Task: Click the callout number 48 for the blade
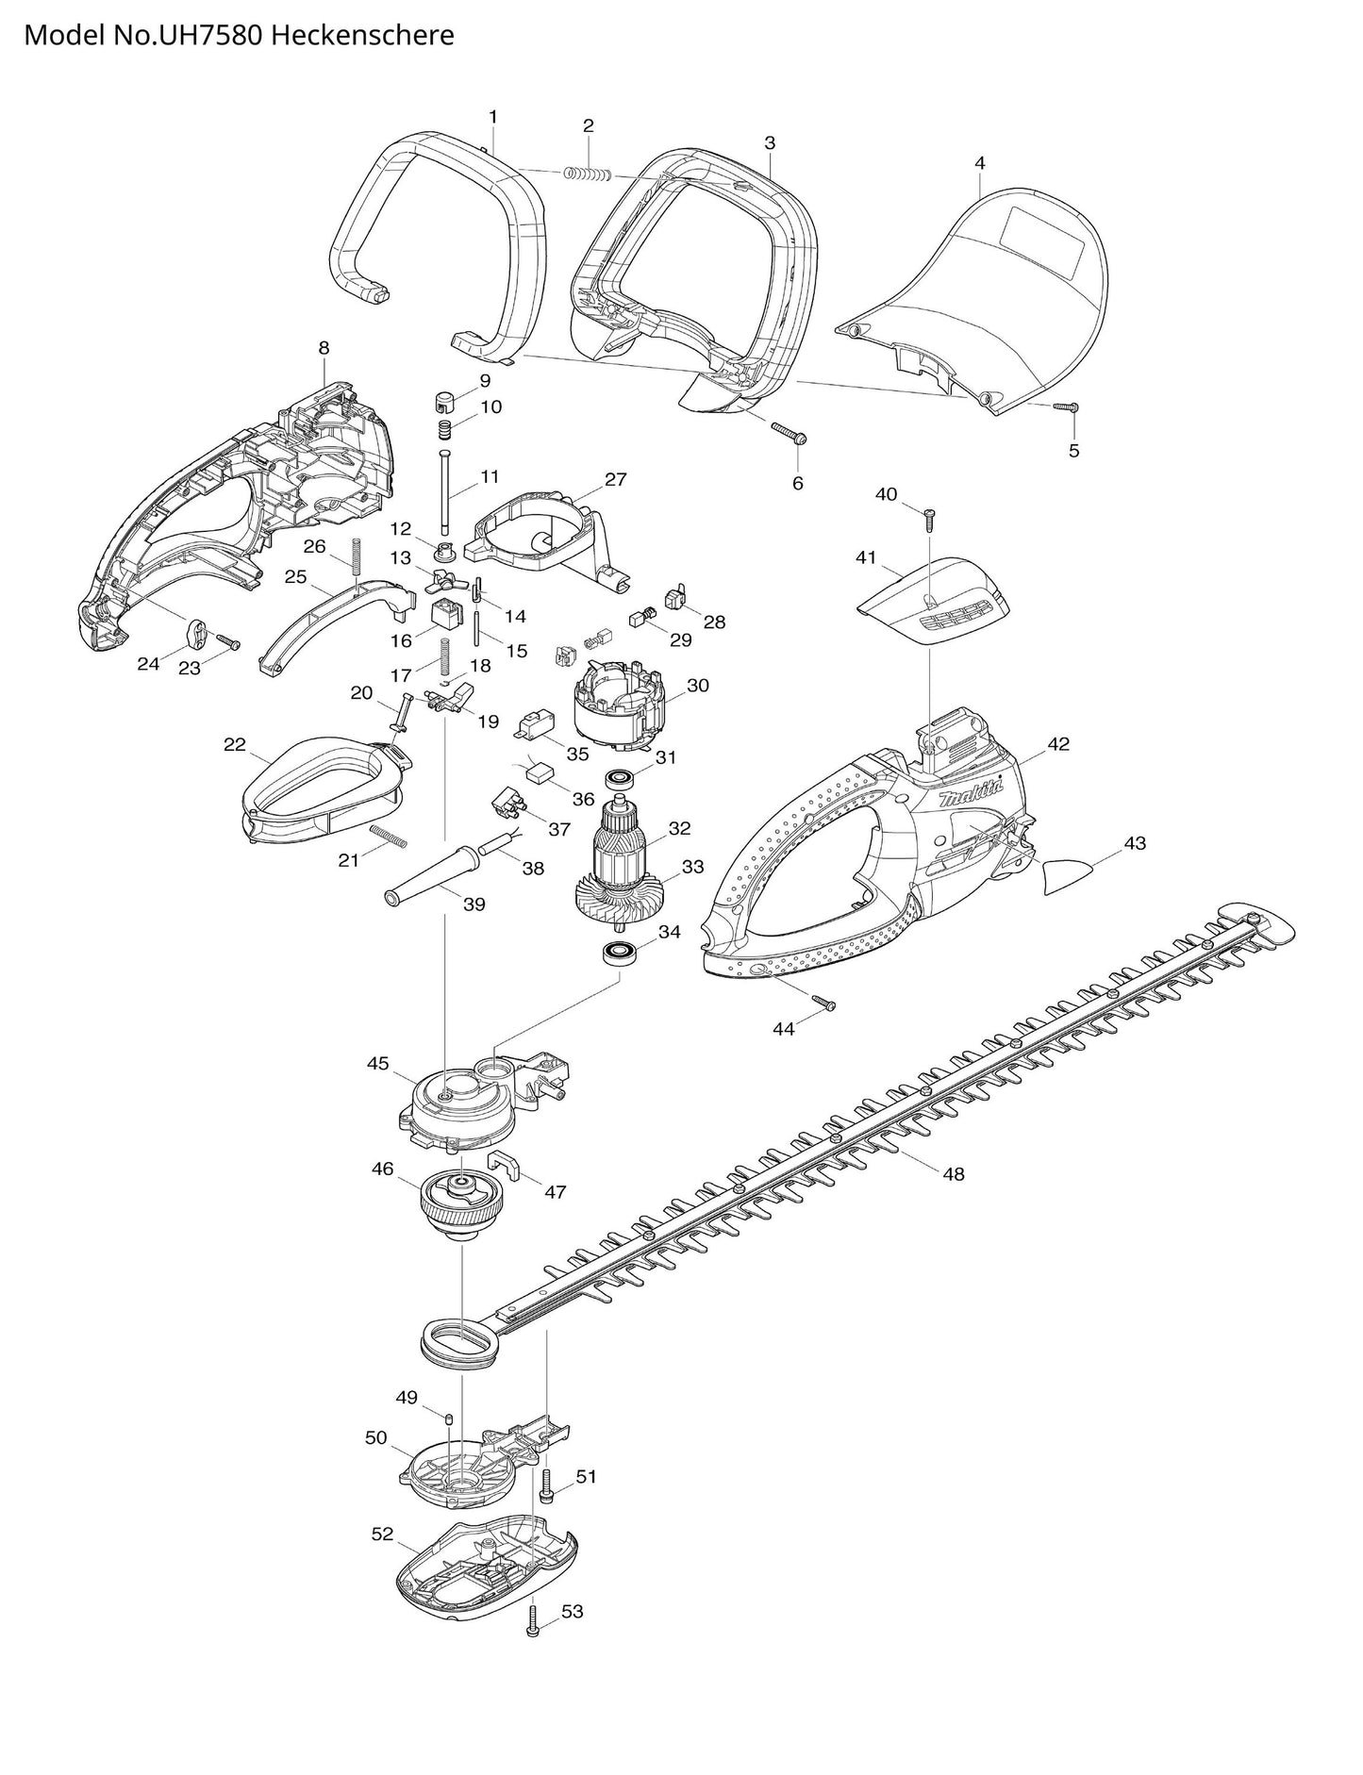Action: pos(954,1174)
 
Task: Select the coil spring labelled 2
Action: pos(588,174)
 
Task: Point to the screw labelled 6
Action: pos(787,433)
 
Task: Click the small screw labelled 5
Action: pos(1067,406)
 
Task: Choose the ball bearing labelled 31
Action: pos(621,779)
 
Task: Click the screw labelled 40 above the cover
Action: pos(928,517)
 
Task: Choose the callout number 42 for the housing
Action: pos(1058,744)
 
